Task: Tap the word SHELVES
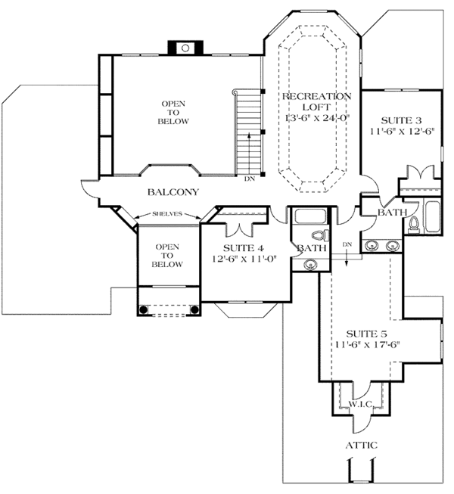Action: (x=168, y=214)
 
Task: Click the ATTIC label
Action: (x=361, y=446)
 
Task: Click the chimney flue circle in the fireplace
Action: (x=185, y=47)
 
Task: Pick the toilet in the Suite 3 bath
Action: (x=413, y=223)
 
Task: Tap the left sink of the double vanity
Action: (x=372, y=245)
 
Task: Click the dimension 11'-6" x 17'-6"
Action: (x=367, y=345)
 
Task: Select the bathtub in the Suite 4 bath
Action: (x=309, y=216)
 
